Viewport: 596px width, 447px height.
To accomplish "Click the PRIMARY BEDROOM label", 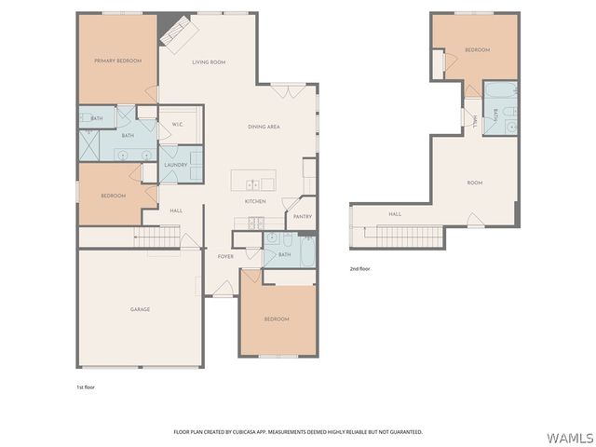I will coord(117,61).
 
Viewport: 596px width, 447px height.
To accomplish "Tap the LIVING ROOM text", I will coord(209,62).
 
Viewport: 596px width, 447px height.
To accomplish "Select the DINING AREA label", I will coord(264,127).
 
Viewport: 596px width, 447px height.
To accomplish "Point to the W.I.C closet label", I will coord(177,125).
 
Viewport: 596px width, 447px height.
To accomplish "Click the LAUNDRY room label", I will coord(175,165).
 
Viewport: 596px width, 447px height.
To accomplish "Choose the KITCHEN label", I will coord(256,201).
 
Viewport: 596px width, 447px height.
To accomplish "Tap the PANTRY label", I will coord(302,216).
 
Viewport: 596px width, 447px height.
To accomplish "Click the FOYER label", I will coord(225,256).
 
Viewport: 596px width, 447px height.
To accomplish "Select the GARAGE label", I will coord(140,309).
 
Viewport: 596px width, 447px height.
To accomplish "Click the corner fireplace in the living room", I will coord(177,34).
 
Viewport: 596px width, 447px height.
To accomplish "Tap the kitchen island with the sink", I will coord(253,180).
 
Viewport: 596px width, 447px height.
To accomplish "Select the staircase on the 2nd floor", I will coord(406,237).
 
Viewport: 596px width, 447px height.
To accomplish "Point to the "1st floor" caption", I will coord(85,386).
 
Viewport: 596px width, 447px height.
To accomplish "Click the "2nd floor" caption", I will coord(359,268).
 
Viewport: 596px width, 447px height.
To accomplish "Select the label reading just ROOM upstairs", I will coord(475,183).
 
